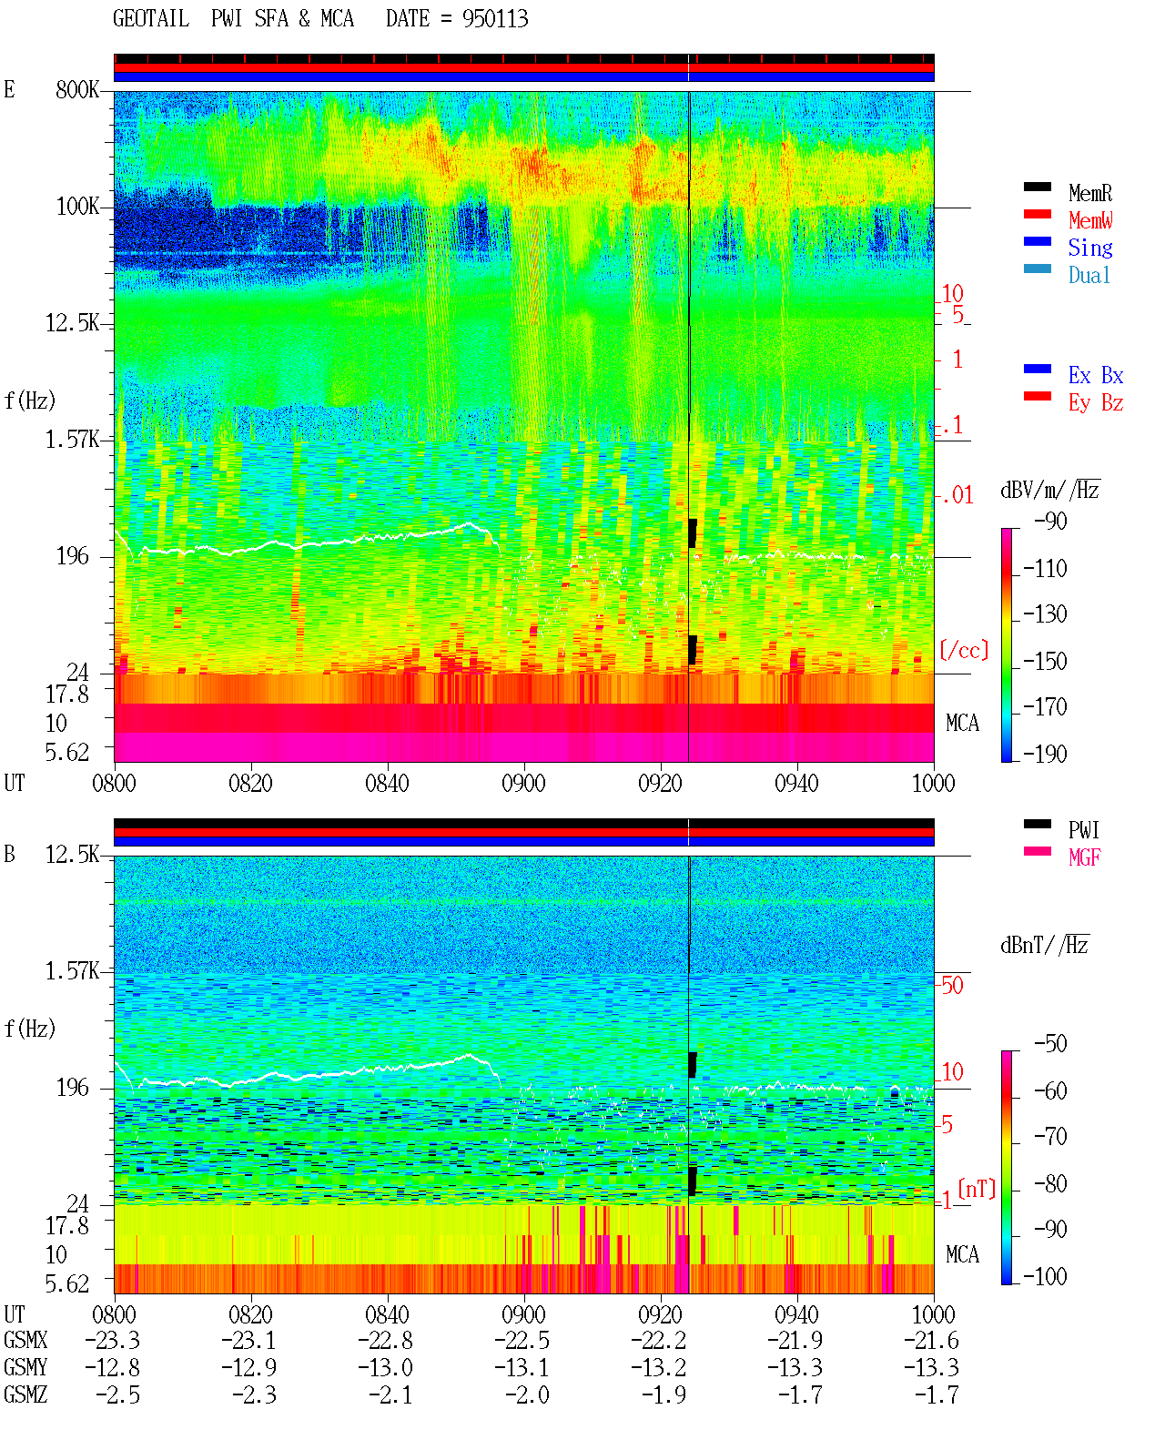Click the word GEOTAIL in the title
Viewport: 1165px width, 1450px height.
pos(151,19)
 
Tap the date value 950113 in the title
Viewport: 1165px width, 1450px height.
pos(495,19)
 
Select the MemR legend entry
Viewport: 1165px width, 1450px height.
pos(1090,193)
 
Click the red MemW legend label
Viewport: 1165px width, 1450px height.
pos(1090,220)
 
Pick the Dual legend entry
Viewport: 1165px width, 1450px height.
pos(1089,275)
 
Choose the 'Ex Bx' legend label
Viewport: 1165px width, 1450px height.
pos(1096,375)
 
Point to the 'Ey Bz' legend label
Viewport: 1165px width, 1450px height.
pos(1096,402)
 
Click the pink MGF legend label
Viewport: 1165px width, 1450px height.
pos(1085,857)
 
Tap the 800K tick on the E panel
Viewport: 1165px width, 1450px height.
pos(77,89)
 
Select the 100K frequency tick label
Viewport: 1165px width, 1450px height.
pos(77,207)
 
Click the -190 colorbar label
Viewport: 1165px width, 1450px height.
pos(1045,754)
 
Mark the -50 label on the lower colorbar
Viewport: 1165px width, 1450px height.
pos(1050,1044)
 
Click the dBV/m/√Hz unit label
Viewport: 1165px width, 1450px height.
pos(1050,490)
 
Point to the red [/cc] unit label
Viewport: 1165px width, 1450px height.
pos(964,650)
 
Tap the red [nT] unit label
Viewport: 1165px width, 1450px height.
pos(977,1189)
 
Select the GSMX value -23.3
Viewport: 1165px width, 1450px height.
pos(113,1341)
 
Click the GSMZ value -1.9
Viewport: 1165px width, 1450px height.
pos(664,1394)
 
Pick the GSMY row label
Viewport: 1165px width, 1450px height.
pos(25,1368)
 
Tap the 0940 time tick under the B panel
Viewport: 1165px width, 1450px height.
pos(796,1314)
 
